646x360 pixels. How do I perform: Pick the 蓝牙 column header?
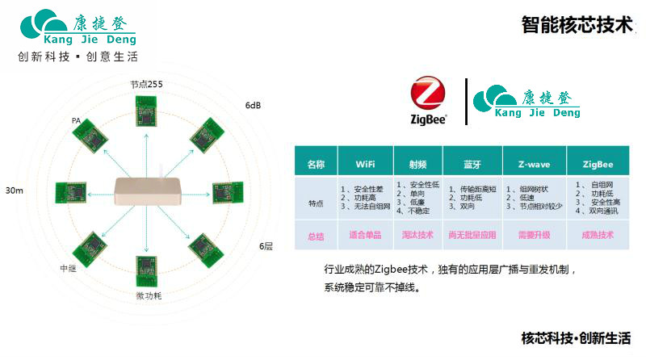[x=472, y=164]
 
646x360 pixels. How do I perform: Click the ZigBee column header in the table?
[x=597, y=164]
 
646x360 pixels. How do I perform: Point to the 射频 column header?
[x=418, y=164]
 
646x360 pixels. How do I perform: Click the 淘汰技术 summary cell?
[x=418, y=236]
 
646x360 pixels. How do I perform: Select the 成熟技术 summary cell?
[x=597, y=236]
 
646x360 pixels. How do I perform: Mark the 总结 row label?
[x=316, y=236]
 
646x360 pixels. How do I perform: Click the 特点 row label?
[x=316, y=203]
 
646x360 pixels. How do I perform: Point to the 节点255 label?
[x=147, y=84]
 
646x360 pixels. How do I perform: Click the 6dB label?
[x=253, y=106]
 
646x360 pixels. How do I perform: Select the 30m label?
[x=14, y=190]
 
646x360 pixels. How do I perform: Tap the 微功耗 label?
[x=148, y=296]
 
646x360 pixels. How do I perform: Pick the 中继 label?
[x=69, y=268]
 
